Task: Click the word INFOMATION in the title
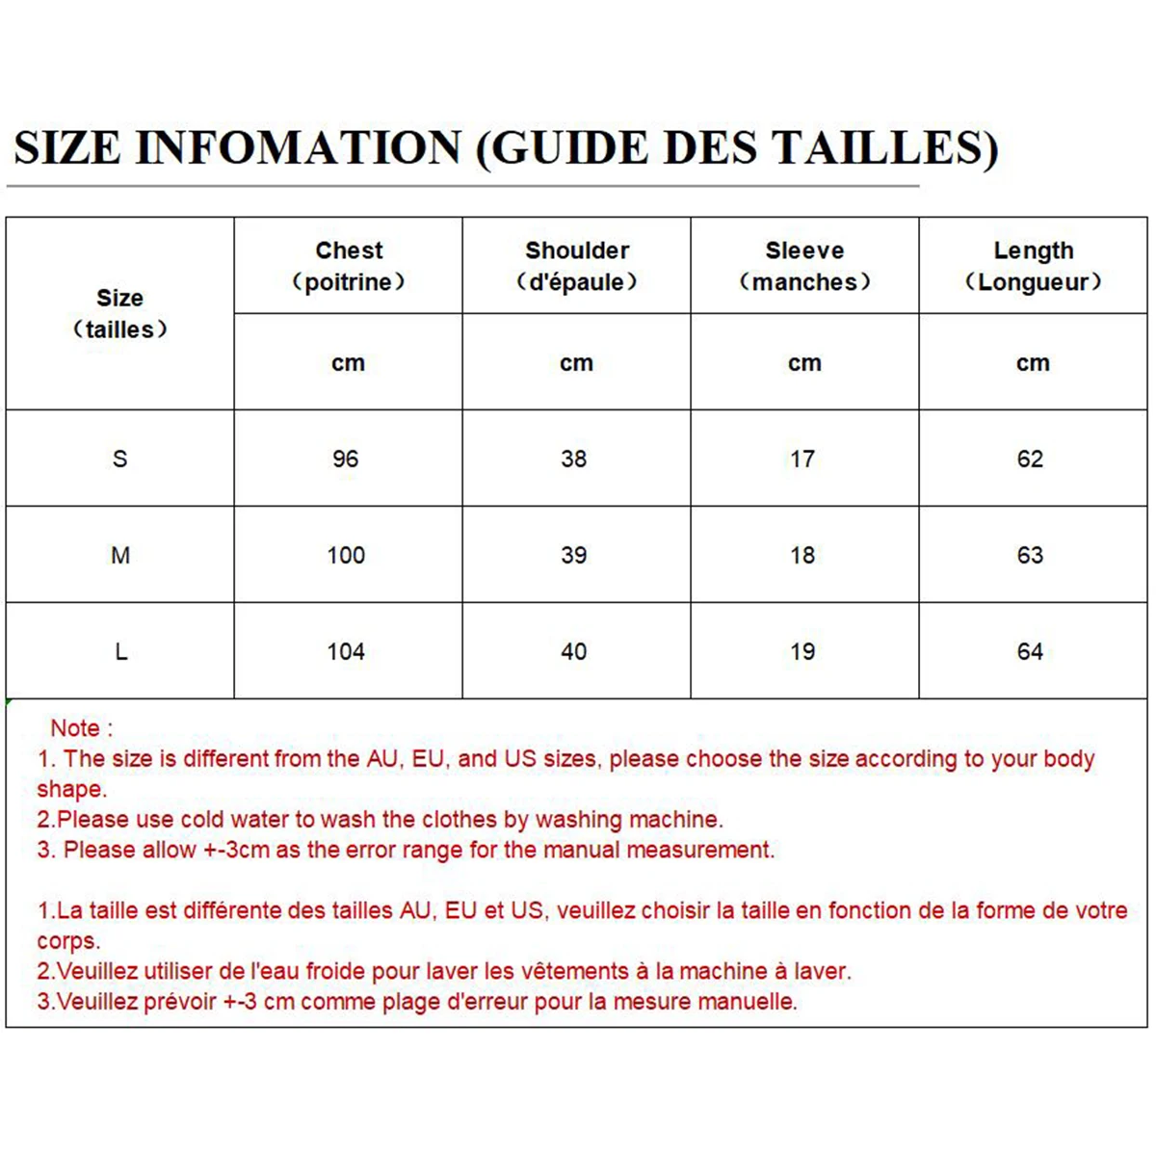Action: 299,147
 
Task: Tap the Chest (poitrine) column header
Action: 349,266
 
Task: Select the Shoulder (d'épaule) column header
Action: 577,266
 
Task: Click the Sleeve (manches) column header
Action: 804,266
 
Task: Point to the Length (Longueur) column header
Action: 1033,266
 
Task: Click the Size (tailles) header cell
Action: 119,313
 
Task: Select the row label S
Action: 119,459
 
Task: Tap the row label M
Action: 120,555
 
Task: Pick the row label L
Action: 120,652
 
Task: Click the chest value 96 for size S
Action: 346,459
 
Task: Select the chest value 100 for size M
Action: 346,555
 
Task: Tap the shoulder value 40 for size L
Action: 574,652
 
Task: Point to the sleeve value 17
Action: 802,459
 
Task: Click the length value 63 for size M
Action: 1030,555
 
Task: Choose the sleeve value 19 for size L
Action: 802,652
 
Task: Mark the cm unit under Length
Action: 1033,363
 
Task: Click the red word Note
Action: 76,728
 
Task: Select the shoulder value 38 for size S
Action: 574,459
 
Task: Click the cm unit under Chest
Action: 348,363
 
